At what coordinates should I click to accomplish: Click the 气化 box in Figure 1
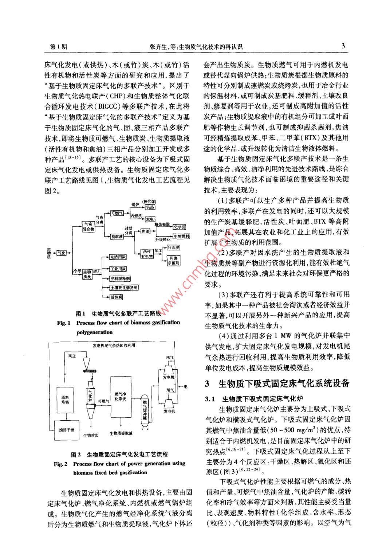(61, 253)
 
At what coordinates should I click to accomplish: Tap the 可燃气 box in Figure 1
(117, 213)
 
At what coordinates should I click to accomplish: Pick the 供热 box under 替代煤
(150, 207)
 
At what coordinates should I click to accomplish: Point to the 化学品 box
(180, 227)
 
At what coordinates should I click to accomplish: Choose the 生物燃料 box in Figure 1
(181, 236)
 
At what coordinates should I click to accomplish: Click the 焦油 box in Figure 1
(145, 231)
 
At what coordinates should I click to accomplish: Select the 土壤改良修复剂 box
(124, 287)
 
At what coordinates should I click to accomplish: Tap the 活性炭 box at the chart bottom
(116, 297)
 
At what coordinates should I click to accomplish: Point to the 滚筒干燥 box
(67, 430)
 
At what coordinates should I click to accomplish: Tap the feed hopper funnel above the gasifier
(87, 362)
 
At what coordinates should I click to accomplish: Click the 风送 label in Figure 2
(72, 355)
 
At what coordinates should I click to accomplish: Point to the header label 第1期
(58, 47)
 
